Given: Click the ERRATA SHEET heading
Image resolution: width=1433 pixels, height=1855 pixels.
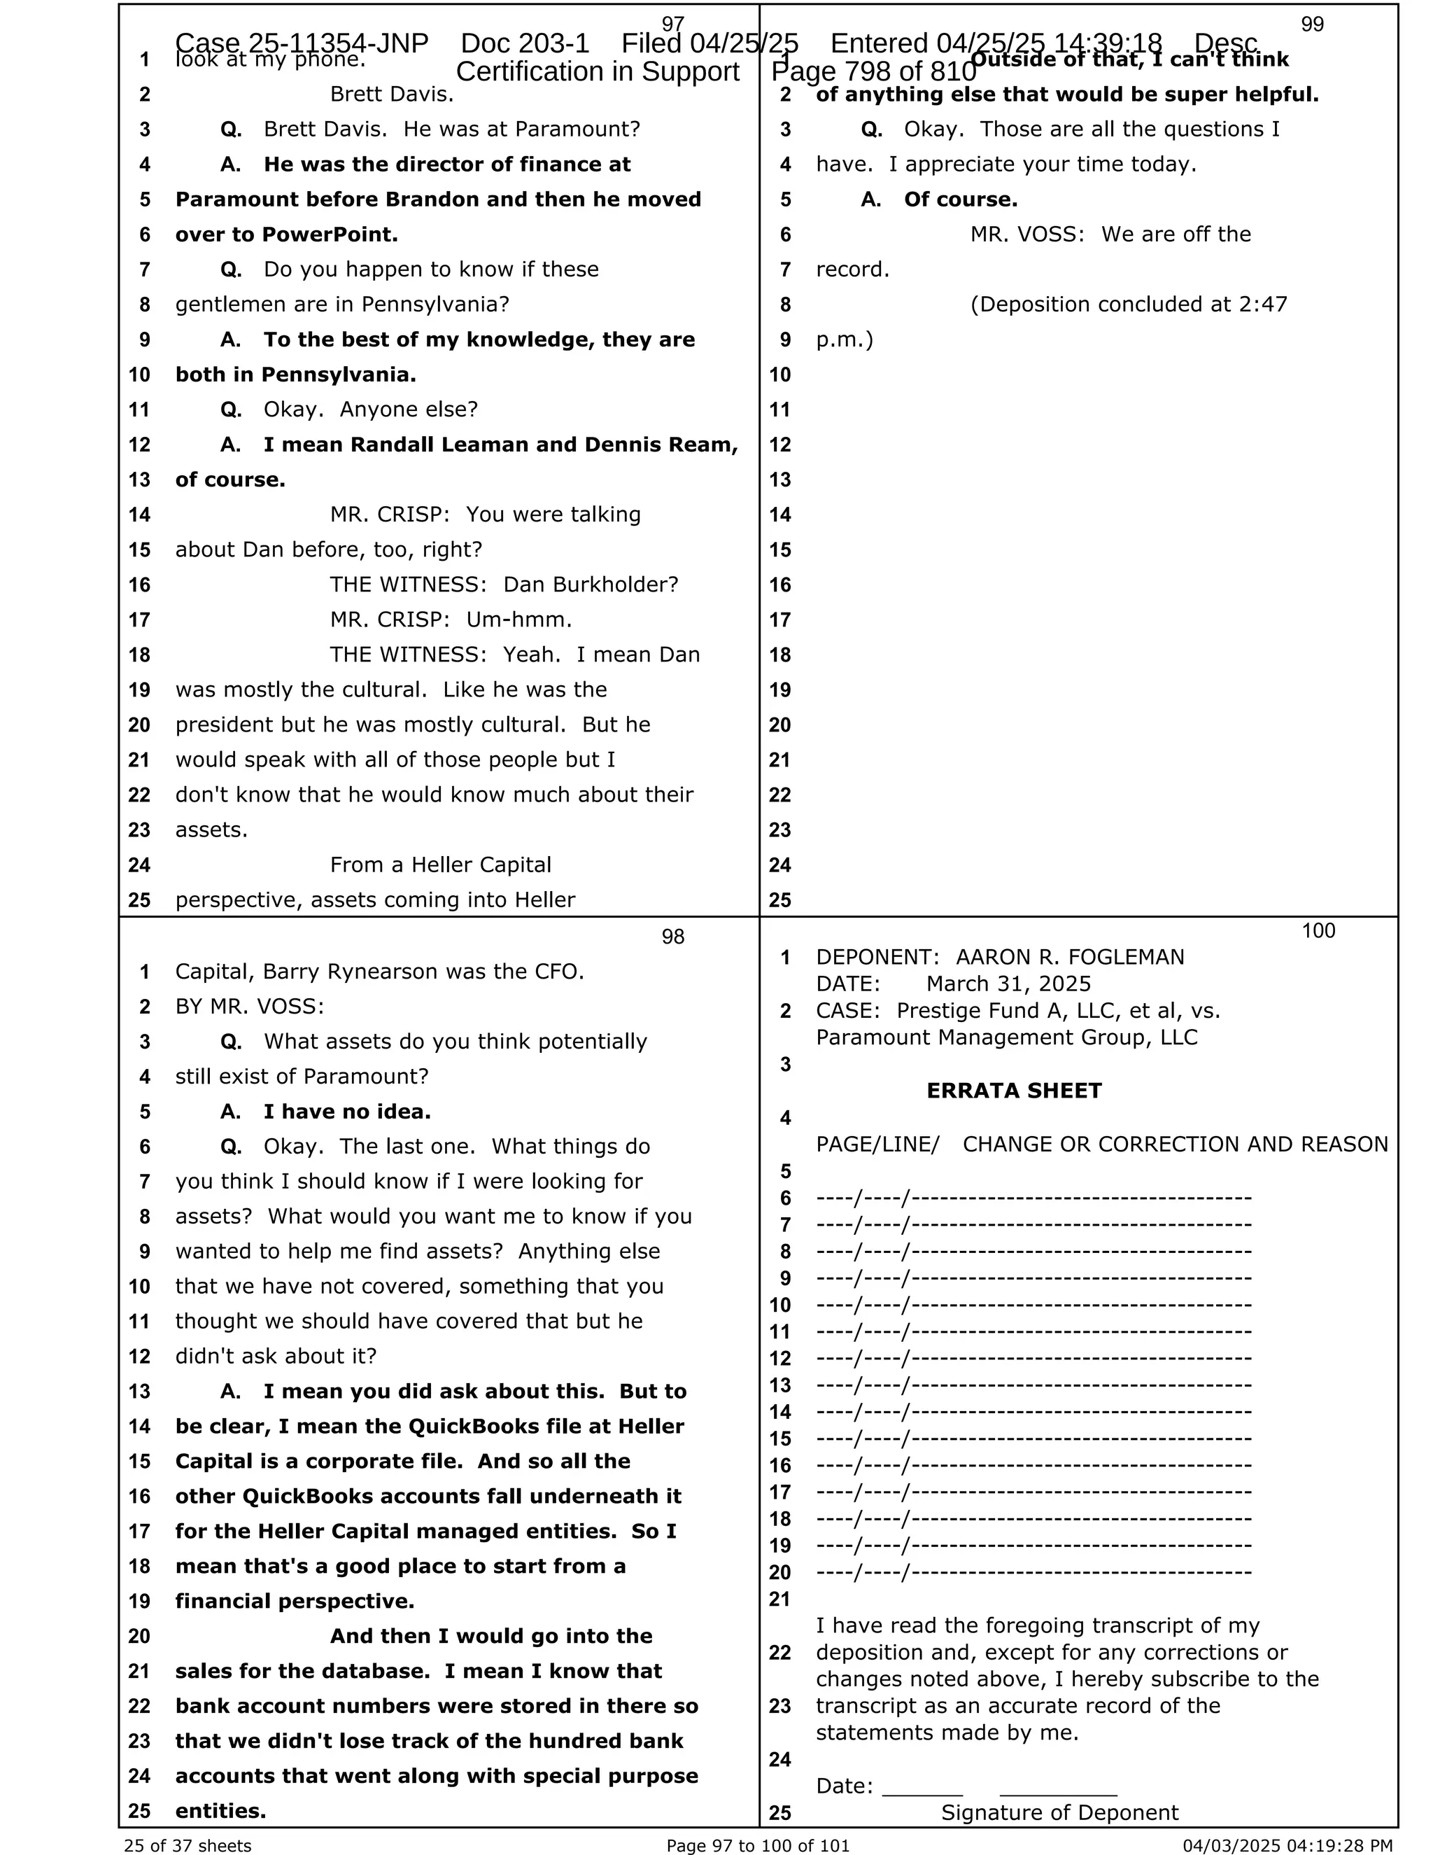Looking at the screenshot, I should [x=1014, y=1091].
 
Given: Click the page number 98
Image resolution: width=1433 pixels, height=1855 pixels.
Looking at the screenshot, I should [x=672, y=937].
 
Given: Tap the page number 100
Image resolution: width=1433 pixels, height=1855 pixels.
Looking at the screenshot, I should [x=1318, y=931].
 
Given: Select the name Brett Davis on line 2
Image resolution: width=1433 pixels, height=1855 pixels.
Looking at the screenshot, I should [x=391, y=94].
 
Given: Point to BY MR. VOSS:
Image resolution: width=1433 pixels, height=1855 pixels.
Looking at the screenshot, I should [x=250, y=1007].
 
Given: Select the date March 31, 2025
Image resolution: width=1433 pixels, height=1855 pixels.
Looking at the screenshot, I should [x=1008, y=983].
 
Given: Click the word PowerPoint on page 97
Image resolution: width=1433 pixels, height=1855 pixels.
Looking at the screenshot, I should [x=330, y=234].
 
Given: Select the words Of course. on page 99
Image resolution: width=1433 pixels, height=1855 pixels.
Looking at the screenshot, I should [x=960, y=199].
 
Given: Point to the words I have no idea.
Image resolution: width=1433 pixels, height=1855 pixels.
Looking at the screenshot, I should [x=346, y=1112].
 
